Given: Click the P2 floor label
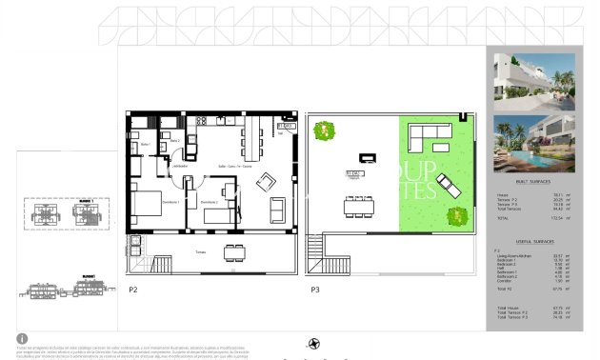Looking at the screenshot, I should pos(133,288).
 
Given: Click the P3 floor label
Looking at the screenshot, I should pos(313,288).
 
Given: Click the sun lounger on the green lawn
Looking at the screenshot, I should pos(449,186).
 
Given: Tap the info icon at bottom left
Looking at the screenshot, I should pos(22,338).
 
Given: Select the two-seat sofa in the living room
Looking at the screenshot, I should pos(278,210).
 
